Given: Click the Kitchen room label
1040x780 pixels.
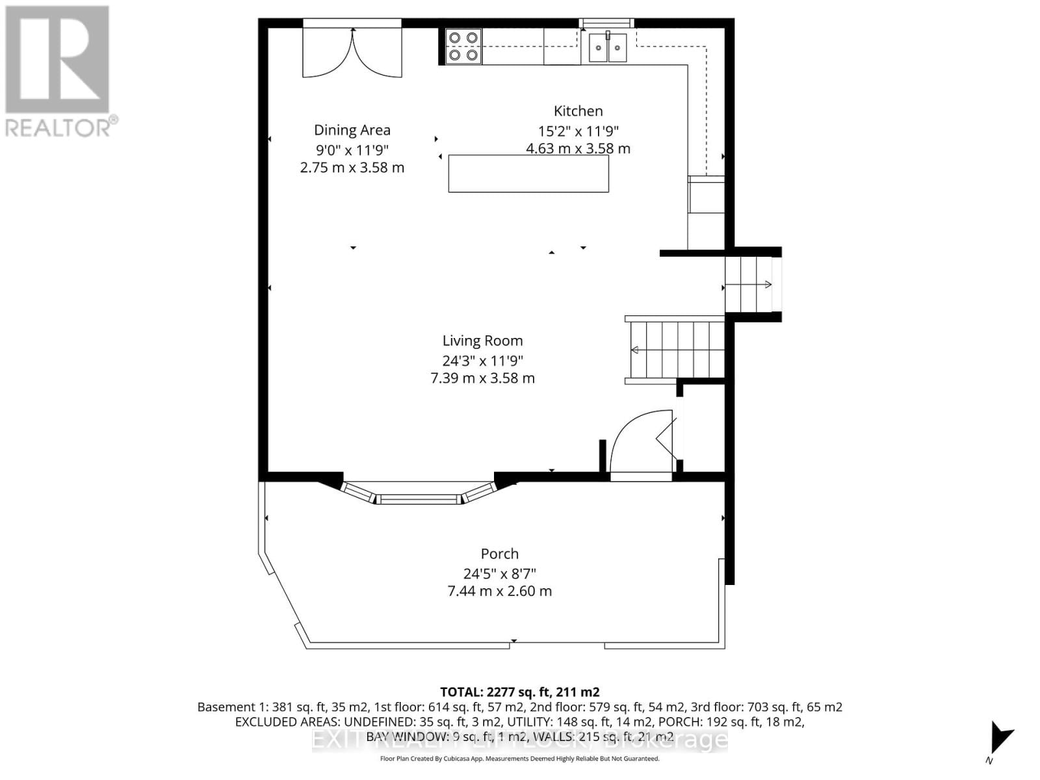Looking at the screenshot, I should click(x=578, y=111).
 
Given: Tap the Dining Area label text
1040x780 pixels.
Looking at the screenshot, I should click(x=352, y=130).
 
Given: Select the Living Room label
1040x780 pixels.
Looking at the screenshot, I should click(x=482, y=341).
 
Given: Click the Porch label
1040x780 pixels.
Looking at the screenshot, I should click(x=499, y=554).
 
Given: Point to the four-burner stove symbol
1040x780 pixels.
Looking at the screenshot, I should click(x=463, y=47).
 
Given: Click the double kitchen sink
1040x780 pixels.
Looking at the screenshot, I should click(x=608, y=47).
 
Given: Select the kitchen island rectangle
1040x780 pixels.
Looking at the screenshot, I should click(x=528, y=174).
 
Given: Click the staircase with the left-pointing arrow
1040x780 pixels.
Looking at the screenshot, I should click(x=676, y=350).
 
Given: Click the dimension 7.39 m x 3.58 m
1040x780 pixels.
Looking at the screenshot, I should click(x=482, y=378).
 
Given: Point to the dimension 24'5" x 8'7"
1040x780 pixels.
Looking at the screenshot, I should click(x=499, y=573).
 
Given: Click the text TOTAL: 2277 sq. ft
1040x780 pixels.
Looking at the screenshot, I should click(x=519, y=692).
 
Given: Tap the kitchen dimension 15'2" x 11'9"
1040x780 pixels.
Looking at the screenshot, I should click(x=578, y=131).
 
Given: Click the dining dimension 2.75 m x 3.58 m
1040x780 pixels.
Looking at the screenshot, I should click(x=352, y=168).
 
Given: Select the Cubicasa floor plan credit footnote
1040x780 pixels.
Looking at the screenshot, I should click(x=519, y=759).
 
